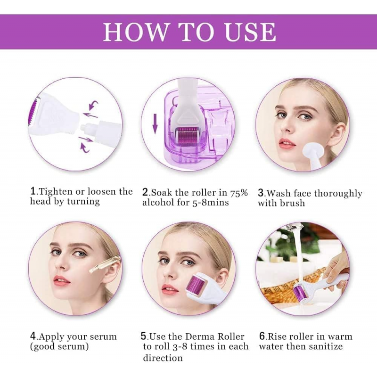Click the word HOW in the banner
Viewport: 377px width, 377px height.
click(x=136, y=32)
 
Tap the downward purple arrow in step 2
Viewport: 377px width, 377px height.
click(x=155, y=123)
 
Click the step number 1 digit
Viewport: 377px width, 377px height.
click(x=33, y=191)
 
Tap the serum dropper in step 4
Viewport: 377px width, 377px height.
click(x=105, y=264)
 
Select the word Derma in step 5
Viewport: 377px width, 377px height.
click(x=200, y=336)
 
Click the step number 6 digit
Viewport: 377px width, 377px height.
click(x=262, y=336)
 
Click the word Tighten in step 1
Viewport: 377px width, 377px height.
click(x=56, y=192)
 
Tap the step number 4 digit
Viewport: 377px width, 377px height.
click(x=33, y=336)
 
